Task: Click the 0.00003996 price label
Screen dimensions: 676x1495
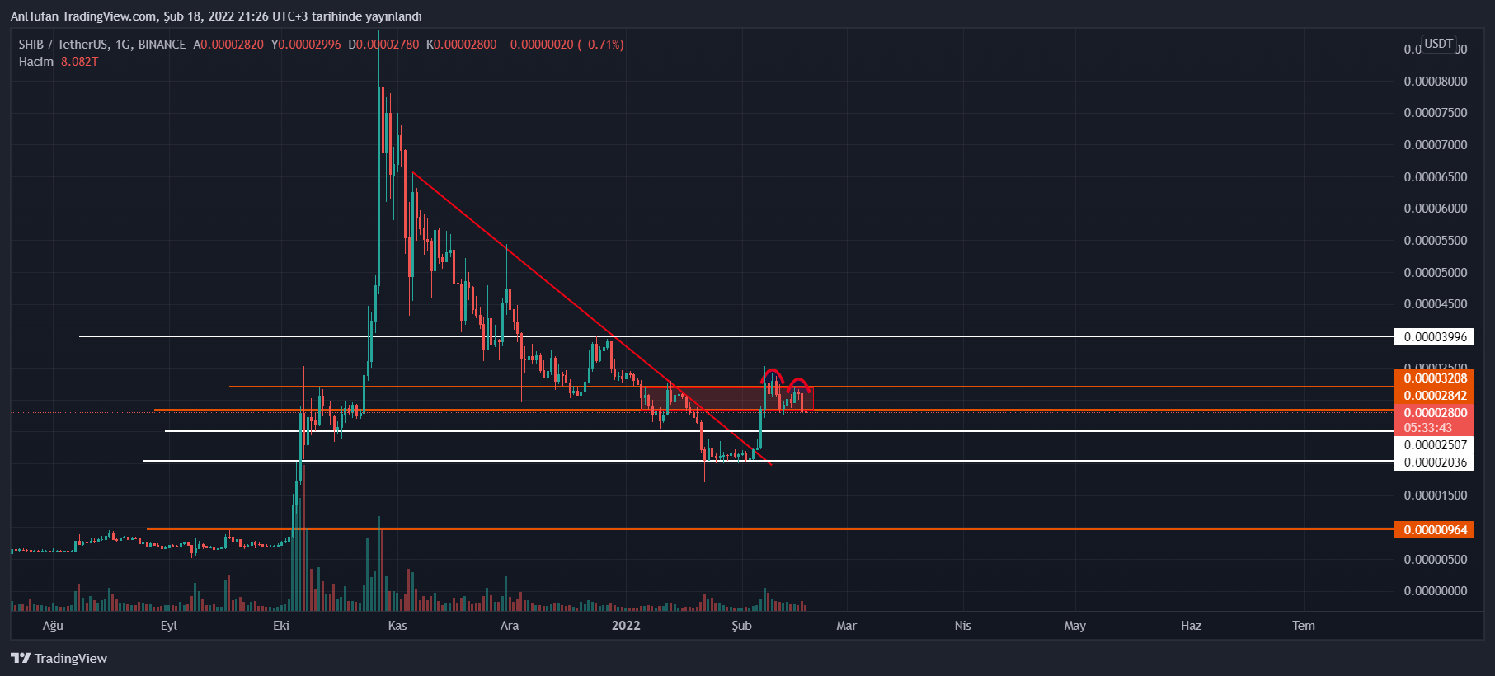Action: [x=1435, y=336]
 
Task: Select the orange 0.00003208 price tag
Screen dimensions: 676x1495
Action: [x=1435, y=378]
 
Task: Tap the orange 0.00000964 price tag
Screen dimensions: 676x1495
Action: [x=1435, y=529]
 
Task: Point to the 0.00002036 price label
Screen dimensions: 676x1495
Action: [x=1435, y=462]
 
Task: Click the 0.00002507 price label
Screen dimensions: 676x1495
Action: [x=1435, y=445]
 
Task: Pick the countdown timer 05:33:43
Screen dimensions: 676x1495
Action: [x=1428, y=428]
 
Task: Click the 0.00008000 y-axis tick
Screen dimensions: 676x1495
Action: [x=1435, y=81]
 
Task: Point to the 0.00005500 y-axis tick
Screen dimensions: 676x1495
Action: [x=1435, y=241]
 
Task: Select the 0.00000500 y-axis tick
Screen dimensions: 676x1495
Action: [x=1435, y=559]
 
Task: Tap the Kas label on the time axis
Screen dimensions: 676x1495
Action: [x=397, y=626]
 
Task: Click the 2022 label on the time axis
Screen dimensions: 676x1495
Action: [x=626, y=626]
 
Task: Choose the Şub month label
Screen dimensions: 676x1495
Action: [x=741, y=626]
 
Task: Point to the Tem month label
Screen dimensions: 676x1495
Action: [x=1303, y=626]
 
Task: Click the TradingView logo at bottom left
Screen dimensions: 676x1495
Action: [x=59, y=658]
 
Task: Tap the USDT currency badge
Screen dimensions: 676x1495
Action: [x=1439, y=44]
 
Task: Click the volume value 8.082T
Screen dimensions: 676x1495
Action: [x=79, y=62]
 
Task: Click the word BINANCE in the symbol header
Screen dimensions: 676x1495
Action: [x=162, y=45]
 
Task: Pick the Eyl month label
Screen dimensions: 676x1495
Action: [x=169, y=626]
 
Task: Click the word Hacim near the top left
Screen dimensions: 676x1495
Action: [x=36, y=62]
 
